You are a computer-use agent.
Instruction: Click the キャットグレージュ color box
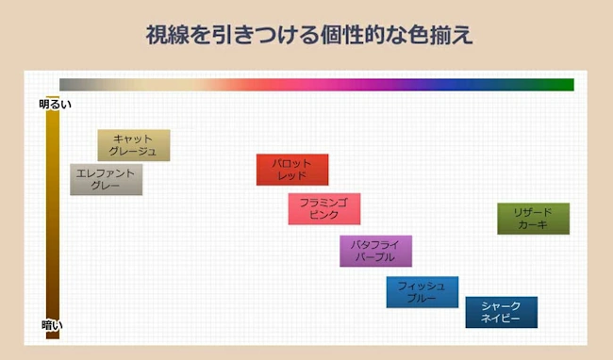[133, 145]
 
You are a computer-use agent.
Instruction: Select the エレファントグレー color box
[106, 179]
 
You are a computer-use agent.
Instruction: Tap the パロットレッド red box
[292, 170]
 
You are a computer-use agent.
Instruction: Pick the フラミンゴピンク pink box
[323, 209]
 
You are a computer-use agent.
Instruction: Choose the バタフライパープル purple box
[375, 251]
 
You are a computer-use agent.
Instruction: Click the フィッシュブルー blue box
[422, 292]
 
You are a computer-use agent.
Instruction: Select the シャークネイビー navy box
[501, 313]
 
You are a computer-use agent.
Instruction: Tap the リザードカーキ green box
[533, 219]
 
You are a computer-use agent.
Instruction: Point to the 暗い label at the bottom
[52, 325]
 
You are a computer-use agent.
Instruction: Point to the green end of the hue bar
[566, 84]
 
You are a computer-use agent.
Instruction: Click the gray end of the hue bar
[68, 84]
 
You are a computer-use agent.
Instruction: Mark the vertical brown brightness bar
[53, 217]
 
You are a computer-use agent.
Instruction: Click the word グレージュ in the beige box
[133, 152]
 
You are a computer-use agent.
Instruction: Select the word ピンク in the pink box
[323, 216]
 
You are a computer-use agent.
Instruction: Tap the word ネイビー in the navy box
[501, 319]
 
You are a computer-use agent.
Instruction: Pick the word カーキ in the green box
[533, 225]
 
